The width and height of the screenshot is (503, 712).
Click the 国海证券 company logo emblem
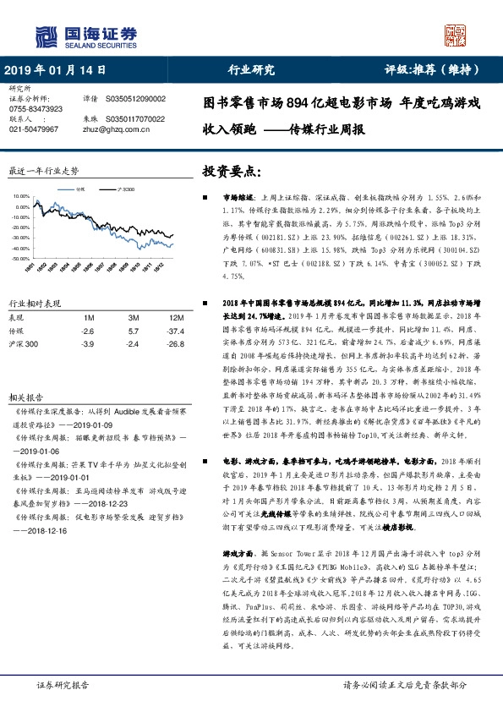[x=43, y=36]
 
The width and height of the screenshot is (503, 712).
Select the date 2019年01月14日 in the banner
[x=55, y=70]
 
